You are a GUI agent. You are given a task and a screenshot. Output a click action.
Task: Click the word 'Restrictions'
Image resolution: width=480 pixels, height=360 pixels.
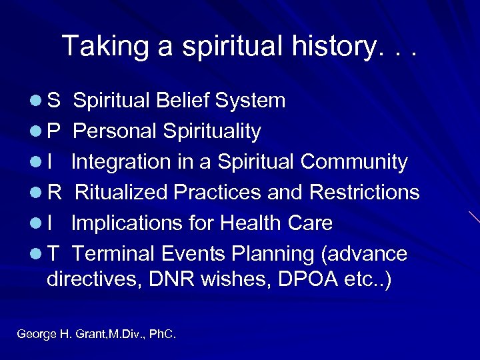click(x=365, y=193)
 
